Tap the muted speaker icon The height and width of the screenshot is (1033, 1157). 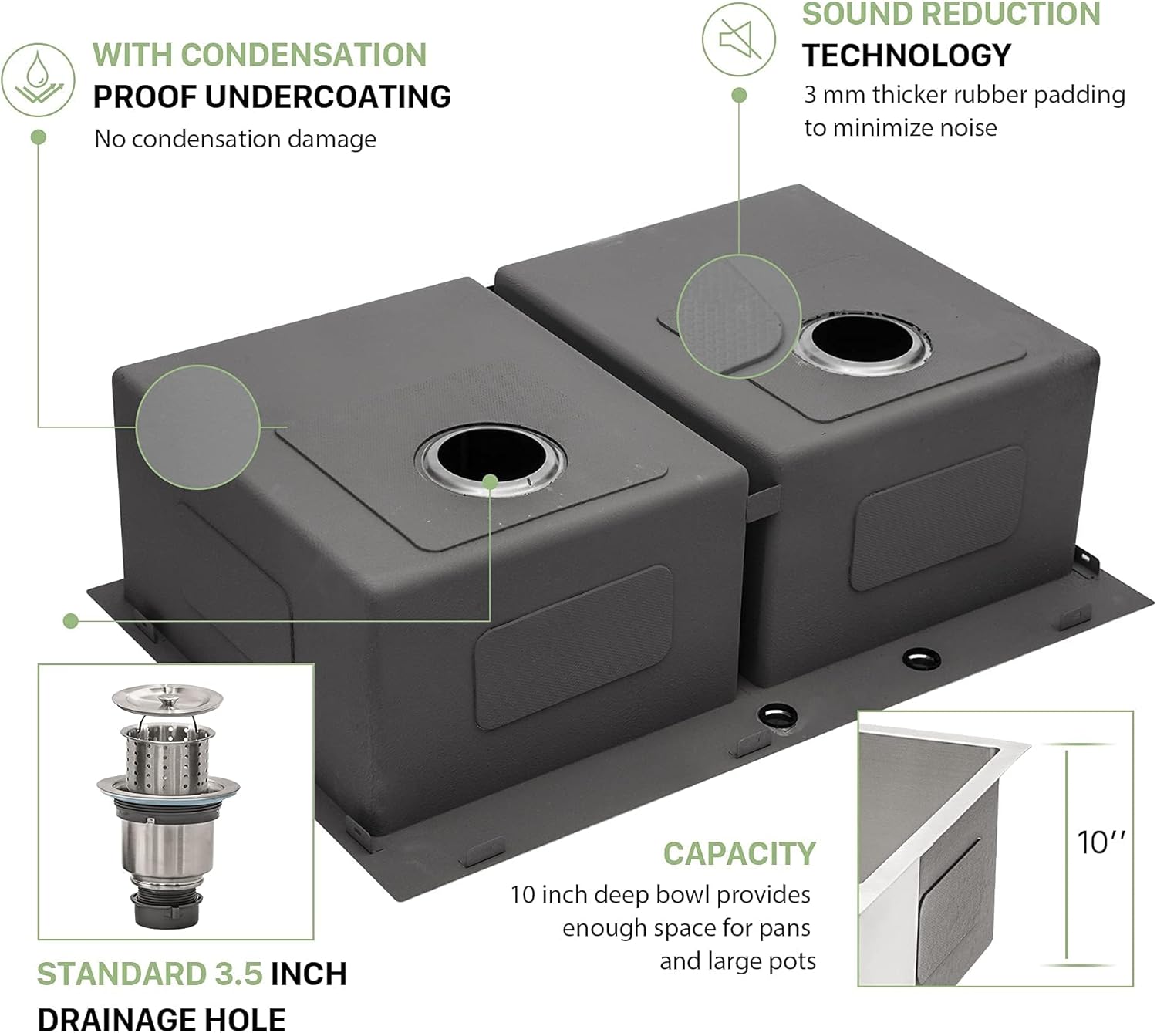click(739, 39)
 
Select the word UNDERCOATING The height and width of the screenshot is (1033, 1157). click(329, 97)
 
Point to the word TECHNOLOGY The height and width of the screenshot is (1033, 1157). click(906, 56)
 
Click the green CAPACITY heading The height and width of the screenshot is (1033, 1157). click(739, 854)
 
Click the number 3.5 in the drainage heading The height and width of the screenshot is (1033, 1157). click(239, 974)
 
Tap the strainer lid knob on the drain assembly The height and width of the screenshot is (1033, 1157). click(167, 700)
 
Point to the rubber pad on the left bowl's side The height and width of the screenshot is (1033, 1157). click(572, 646)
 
